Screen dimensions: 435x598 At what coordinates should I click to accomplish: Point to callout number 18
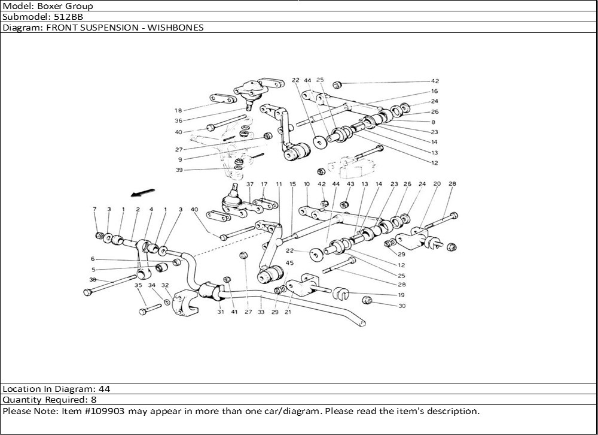pos(178,111)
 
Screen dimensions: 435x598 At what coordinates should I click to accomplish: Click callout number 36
pos(178,121)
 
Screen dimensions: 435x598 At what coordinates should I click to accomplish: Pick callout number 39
pos(178,170)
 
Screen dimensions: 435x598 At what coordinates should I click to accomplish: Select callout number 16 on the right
pos(434,92)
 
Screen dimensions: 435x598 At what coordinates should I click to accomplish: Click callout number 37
pos(250,185)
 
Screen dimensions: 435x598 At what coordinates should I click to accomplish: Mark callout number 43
pos(350,185)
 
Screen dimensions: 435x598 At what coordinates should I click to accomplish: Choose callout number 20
pos(437,185)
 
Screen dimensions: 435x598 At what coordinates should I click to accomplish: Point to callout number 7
pos(94,209)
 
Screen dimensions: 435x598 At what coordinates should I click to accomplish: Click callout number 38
pos(93,280)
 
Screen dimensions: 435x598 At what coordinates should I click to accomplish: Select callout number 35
pos(138,286)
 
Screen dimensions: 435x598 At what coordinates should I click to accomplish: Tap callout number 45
pos(289,263)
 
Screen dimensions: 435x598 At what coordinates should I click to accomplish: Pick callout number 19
pos(401,295)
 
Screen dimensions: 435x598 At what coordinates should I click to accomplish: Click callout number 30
pos(401,306)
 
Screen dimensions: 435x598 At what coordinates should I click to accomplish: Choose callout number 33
pos(261,312)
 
